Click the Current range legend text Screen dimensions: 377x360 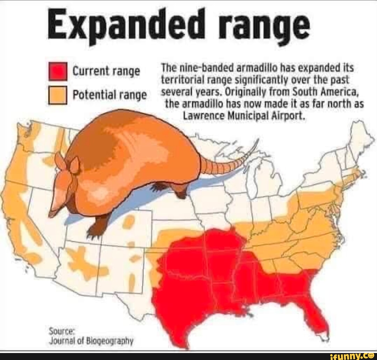tap(106, 72)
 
